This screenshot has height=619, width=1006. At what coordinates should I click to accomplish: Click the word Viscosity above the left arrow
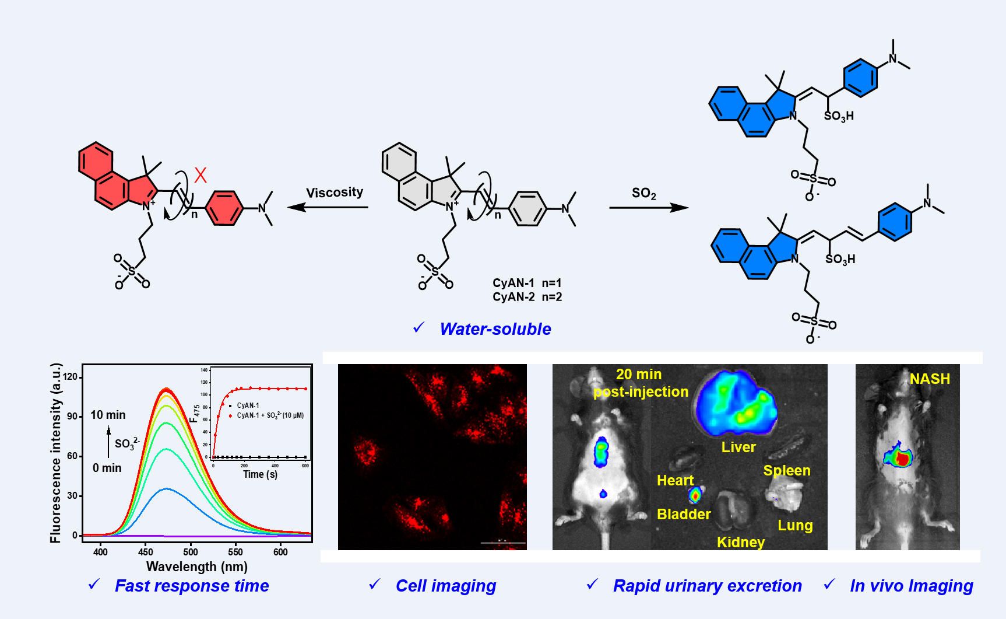click(335, 193)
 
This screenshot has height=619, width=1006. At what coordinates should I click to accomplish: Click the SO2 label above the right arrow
click(643, 193)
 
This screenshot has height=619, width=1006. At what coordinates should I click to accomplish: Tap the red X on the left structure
click(201, 175)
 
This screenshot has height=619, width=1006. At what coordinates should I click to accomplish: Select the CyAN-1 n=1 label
click(527, 283)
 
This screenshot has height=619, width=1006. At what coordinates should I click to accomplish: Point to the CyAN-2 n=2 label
click(527, 297)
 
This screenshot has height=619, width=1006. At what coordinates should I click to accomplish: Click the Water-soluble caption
click(495, 329)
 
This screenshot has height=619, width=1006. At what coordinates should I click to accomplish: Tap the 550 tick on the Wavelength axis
click(235, 552)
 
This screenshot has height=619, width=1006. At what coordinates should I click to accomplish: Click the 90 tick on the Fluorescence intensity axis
click(72, 417)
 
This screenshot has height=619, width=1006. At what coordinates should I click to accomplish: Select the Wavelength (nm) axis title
click(196, 566)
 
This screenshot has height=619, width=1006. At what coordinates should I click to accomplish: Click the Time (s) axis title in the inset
click(260, 474)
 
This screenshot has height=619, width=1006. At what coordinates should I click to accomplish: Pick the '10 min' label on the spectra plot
click(108, 415)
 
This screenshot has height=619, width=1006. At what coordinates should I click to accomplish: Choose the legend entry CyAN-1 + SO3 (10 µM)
click(269, 415)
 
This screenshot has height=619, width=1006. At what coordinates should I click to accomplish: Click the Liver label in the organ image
click(738, 447)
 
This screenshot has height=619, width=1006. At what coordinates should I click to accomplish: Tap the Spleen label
click(787, 470)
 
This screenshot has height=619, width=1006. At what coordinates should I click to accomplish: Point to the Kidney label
click(740, 542)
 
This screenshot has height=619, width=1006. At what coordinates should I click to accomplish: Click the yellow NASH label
click(930, 379)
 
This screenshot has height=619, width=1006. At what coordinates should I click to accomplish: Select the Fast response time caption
click(192, 586)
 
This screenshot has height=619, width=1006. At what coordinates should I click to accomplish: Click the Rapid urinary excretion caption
click(707, 586)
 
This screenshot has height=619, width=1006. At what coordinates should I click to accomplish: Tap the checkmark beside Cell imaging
click(374, 584)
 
